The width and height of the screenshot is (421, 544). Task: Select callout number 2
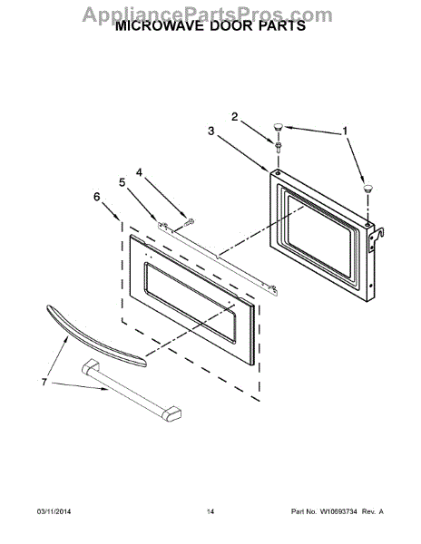click(x=234, y=117)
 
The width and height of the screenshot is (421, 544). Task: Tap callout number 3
click(x=210, y=131)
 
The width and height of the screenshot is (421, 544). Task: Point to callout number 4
click(x=140, y=171)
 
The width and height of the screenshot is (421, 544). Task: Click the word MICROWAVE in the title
click(x=161, y=28)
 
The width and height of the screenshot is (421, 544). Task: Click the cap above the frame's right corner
click(x=367, y=188)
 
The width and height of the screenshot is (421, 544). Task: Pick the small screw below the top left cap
click(x=277, y=144)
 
